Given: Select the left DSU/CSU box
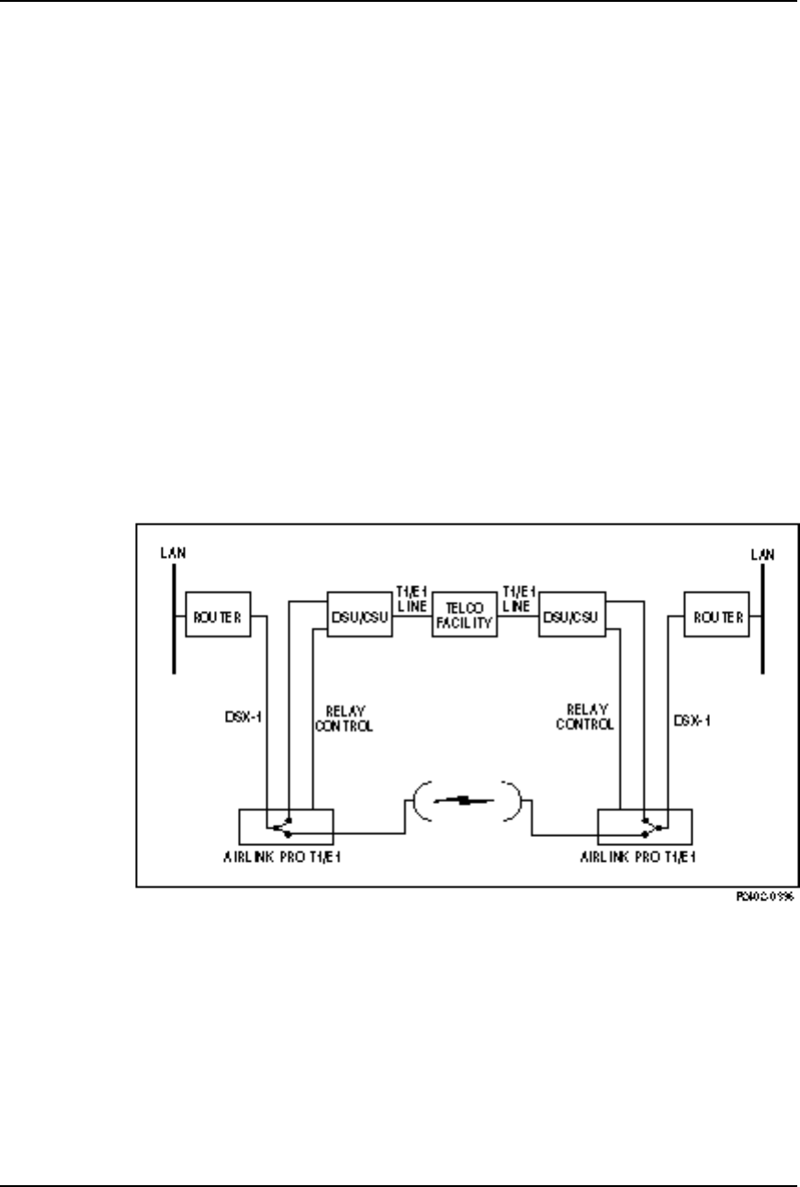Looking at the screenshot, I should tap(360, 617).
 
